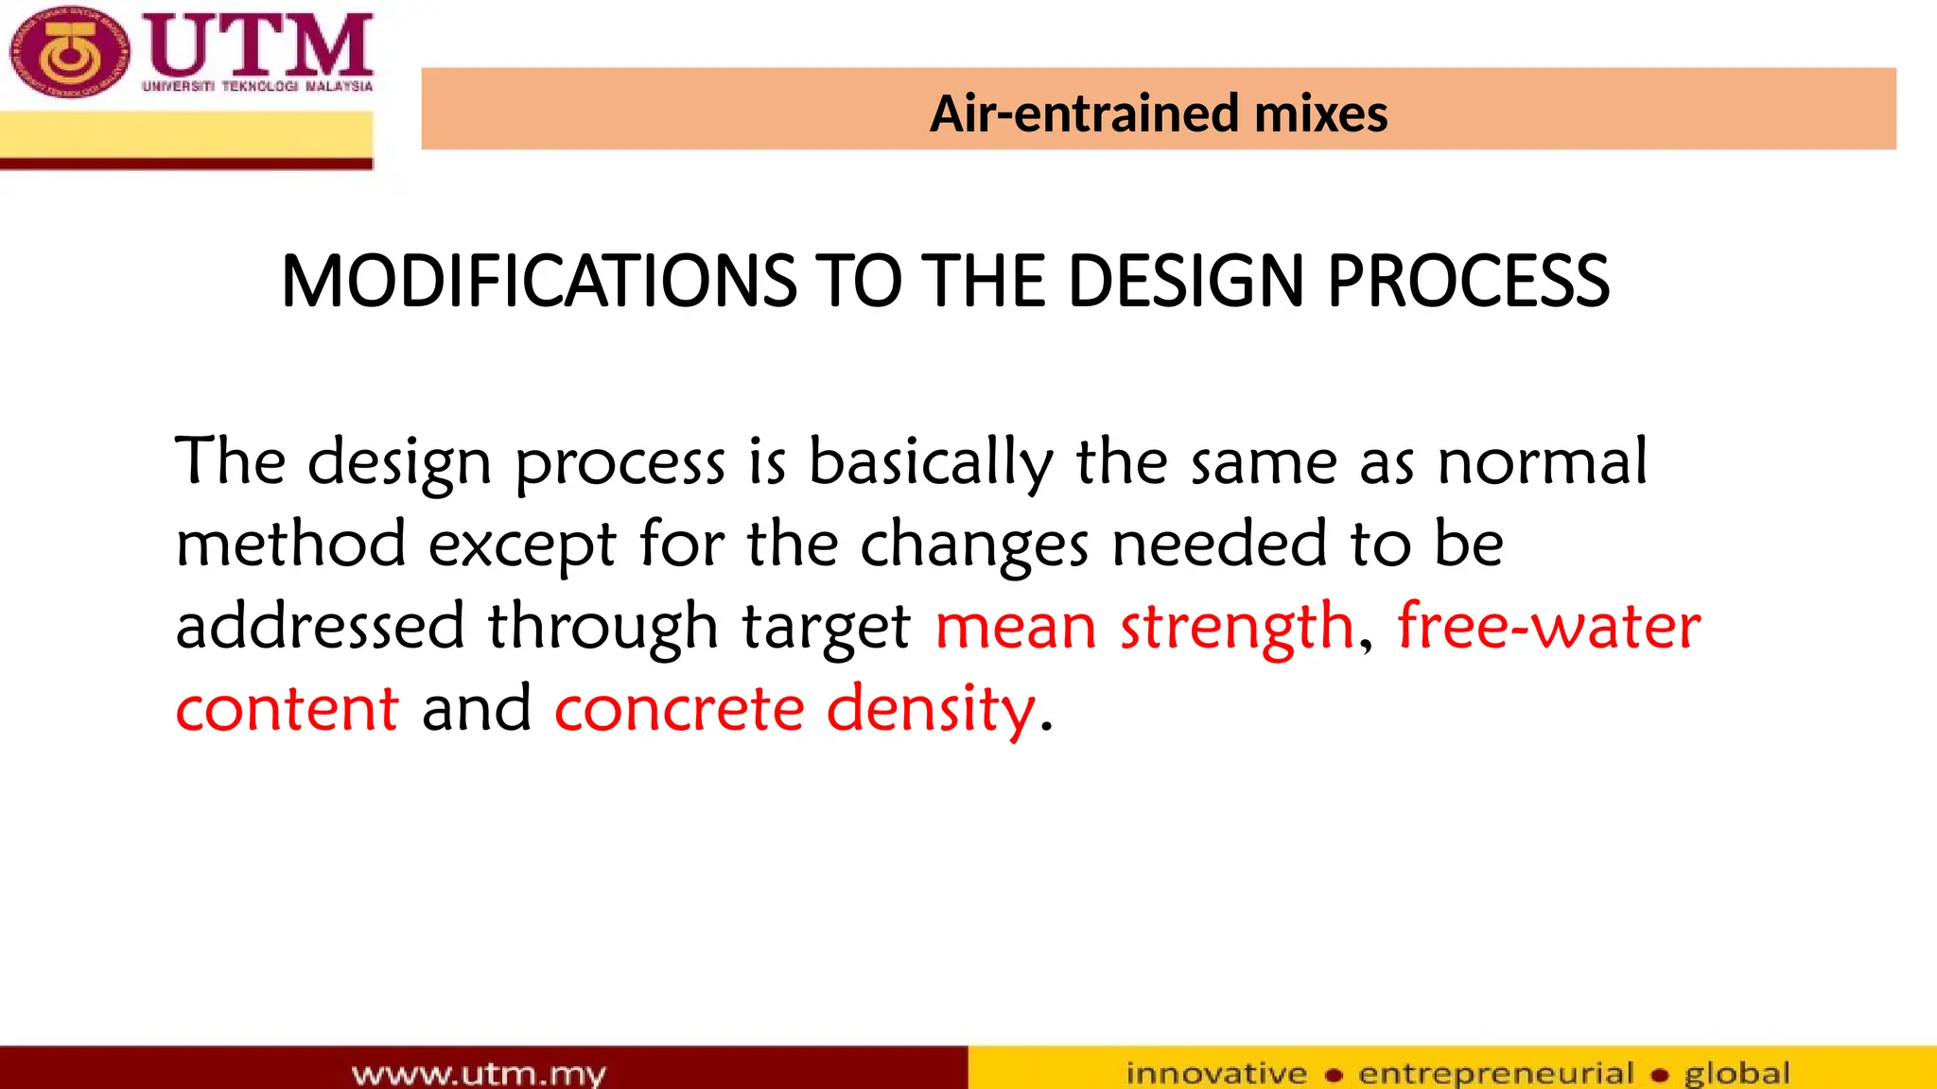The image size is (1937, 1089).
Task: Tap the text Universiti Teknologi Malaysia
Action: tap(257, 86)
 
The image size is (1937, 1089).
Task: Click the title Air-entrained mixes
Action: tap(1158, 113)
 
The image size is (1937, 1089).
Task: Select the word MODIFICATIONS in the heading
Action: tap(539, 282)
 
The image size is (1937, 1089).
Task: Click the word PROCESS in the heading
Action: tap(1468, 282)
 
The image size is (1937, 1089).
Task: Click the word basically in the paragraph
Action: tap(931, 462)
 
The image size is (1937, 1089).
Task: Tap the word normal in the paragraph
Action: tap(1542, 462)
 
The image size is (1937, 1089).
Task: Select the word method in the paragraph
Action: tap(291, 544)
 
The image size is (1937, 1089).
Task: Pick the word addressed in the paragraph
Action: tap(320, 626)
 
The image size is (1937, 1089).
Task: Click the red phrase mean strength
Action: tap(1144, 628)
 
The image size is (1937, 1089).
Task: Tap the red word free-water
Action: tap(1548, 626)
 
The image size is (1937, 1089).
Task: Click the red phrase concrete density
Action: tap(794, 709)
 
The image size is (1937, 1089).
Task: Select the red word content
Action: tap(287, 709)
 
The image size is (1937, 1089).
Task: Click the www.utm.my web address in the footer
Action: tap(479, 1074)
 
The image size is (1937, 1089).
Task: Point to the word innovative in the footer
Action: tap(1216, 1074)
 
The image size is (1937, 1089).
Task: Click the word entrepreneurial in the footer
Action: tap(1495, 1074)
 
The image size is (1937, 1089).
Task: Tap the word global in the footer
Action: tap(1736, 1074)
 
